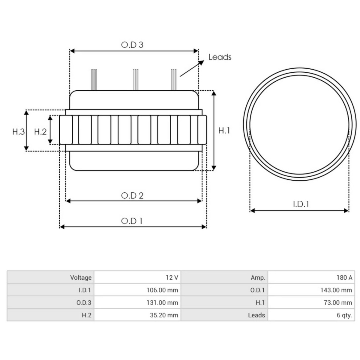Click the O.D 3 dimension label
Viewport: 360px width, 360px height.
pos(132,45)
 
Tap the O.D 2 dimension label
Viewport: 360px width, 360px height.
pos(132,196)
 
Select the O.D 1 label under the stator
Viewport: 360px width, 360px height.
pos(132,221)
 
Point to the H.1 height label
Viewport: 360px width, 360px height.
pos(224,130)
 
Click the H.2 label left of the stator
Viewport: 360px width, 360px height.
pos(40,132)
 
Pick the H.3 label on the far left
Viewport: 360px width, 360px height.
pos(18,132)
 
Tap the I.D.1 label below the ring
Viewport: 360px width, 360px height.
pos(301,204)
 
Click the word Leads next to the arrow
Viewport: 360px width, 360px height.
pos(220,57)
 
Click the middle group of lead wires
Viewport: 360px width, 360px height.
pos(136,79)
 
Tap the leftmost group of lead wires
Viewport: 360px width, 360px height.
pos(94,79)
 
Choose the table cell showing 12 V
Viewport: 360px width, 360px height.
pos(172,277)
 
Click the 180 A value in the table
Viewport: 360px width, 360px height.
pos(344,277)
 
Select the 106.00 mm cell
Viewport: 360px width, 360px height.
pos(162,290)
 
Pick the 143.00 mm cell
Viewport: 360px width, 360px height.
pos(336,290)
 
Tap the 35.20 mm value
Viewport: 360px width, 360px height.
pos(164,315)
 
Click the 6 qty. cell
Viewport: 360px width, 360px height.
pos(344,315)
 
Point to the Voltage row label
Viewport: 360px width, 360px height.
pos(81,277)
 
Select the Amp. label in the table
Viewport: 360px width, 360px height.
pos(258,277)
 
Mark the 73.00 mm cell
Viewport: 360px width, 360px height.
pos(338,303)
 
